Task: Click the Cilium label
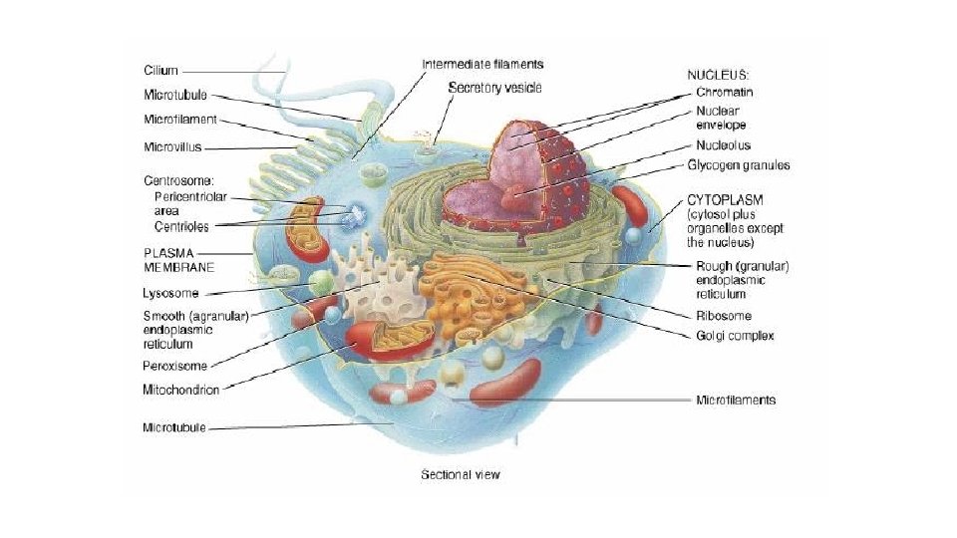click(159, 71)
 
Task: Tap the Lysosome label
click(170, 294)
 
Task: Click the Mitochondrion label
click(179, 390)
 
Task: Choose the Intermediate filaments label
click(483, 64)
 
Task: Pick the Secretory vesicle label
click(494, 88)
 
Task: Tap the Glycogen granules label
click(743, 164)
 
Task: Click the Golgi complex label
click(735, 336)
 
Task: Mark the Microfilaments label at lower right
click(735, 401)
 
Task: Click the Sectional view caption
click(460, 474)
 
